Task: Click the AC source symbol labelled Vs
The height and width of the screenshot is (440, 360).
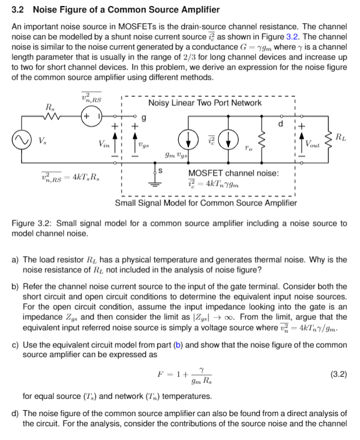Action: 23,141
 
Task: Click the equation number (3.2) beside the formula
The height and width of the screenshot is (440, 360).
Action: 337,375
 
